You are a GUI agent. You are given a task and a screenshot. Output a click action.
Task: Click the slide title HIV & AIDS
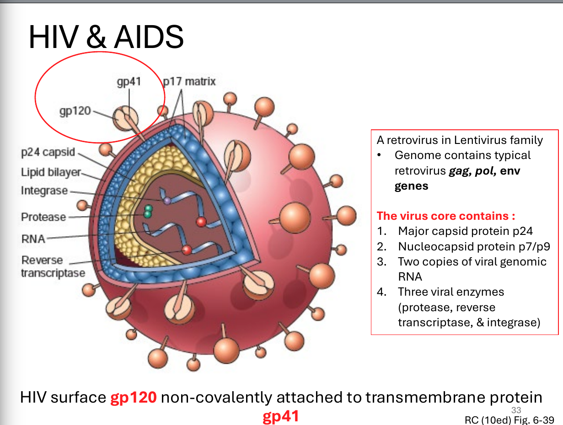[x=106, y=37]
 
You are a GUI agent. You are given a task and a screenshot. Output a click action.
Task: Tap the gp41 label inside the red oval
[x=129, y=82]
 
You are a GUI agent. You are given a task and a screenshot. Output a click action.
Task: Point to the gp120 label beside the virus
[x=75, y=111]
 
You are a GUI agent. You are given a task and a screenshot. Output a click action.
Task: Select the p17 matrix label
[x=189, y=81]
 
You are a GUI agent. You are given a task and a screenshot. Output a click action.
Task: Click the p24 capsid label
[x=48, y=152]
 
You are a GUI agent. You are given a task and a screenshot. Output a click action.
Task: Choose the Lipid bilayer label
[x=51, y=172]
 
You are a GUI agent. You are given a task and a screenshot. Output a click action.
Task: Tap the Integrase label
[x=44, y=191]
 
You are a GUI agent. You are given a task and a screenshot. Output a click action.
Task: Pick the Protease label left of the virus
[x=43, y=217]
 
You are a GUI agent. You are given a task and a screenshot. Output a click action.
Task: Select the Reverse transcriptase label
[x=53, y=266]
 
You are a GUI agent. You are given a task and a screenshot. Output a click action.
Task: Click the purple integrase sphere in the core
[x=167, y=201]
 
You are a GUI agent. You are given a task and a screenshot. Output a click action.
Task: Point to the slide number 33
[x=516, y=410]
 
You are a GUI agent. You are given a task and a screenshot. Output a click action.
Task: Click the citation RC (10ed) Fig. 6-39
[x=509, y=420]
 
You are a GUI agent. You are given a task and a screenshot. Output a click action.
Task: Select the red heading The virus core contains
[x=446, y=216]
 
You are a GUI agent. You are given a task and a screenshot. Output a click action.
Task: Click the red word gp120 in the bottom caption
[x=134, y=397]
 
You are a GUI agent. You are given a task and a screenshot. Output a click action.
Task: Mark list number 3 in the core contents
[x=382, y=262]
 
